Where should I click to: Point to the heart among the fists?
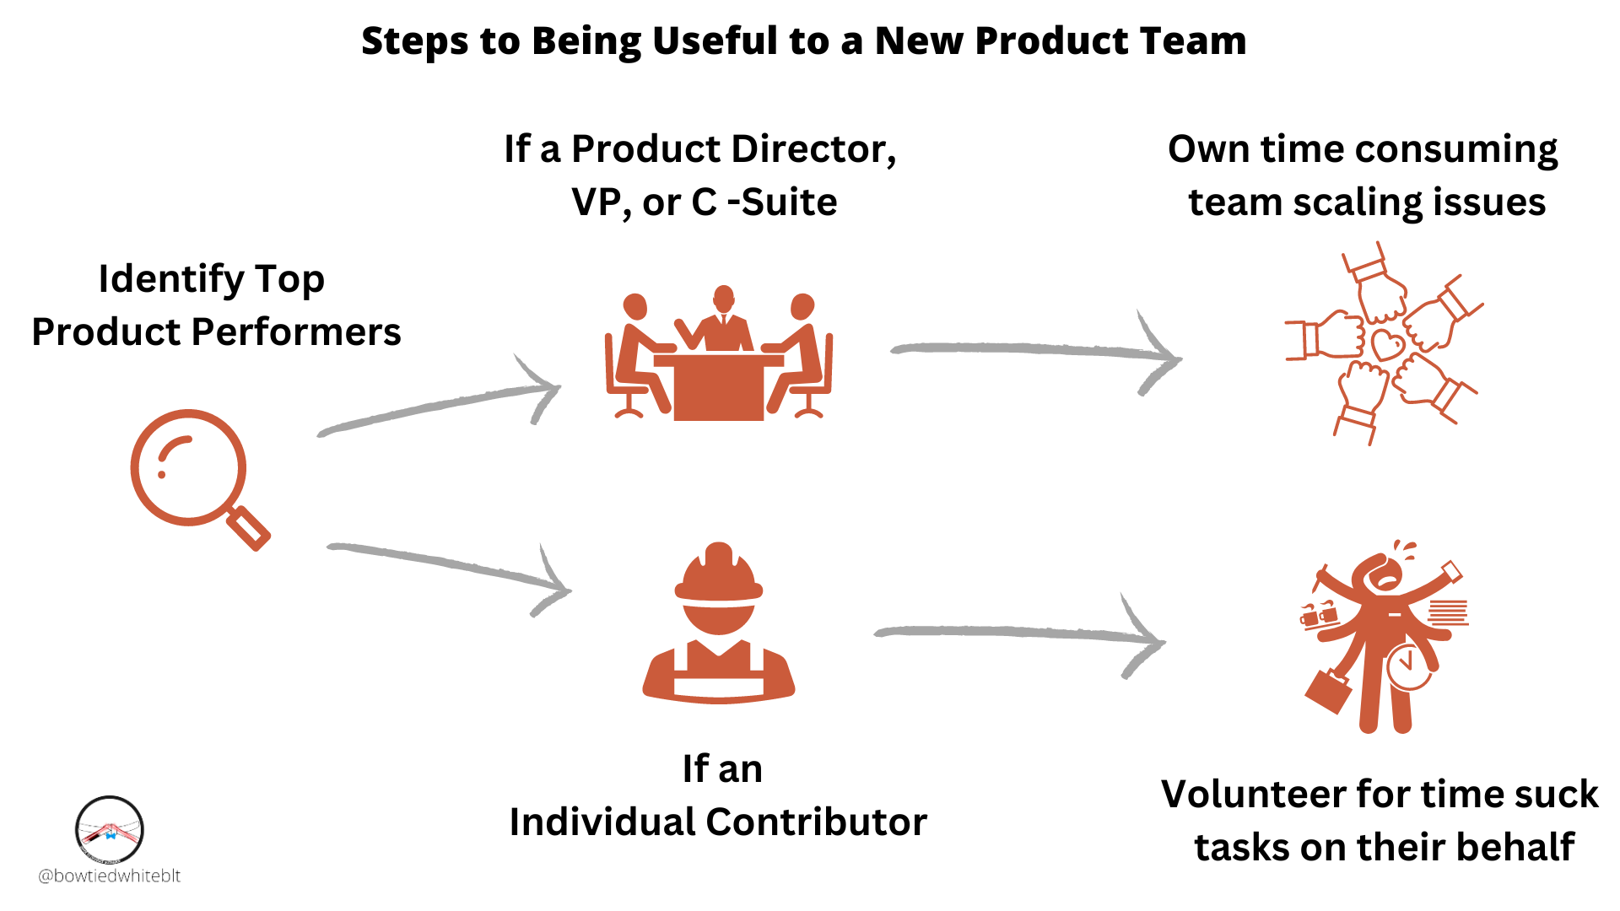pyautogui.click(x=1387, y=344)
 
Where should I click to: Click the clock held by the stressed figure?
pyautogui.click(x=1407, y=666)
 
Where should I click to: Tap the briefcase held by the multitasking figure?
pyautogui.click(x=1328, y=690)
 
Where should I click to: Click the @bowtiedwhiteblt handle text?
pyautogui.click(x=110, y=876)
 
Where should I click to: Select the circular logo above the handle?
pyautogui.click(x=110, y=830)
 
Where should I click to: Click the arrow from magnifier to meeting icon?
pyautogui.click(x=439, y=405)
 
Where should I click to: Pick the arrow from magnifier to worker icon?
pyautogui.click(x=447, y=567)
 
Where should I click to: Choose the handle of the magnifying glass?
pyautogui.click(x=249, y=528)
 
